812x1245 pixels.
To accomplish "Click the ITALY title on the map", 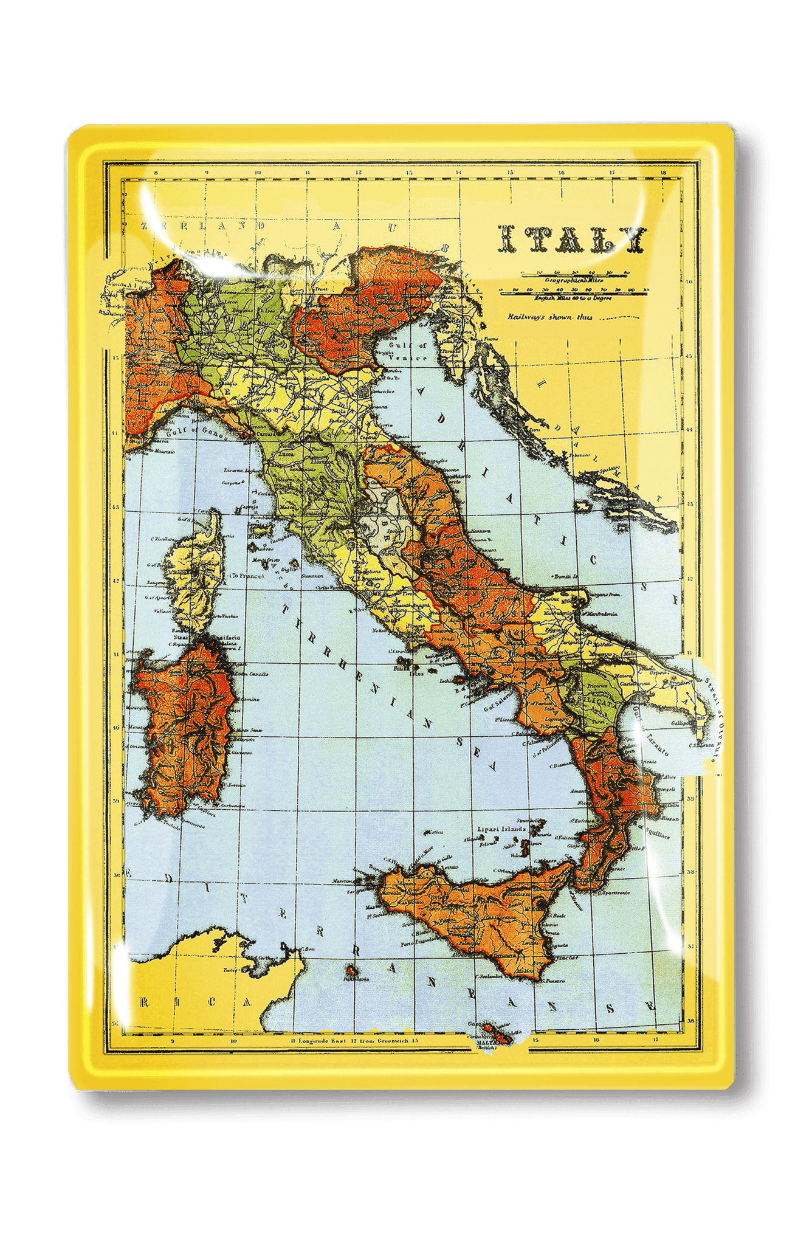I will coord(571,239).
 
